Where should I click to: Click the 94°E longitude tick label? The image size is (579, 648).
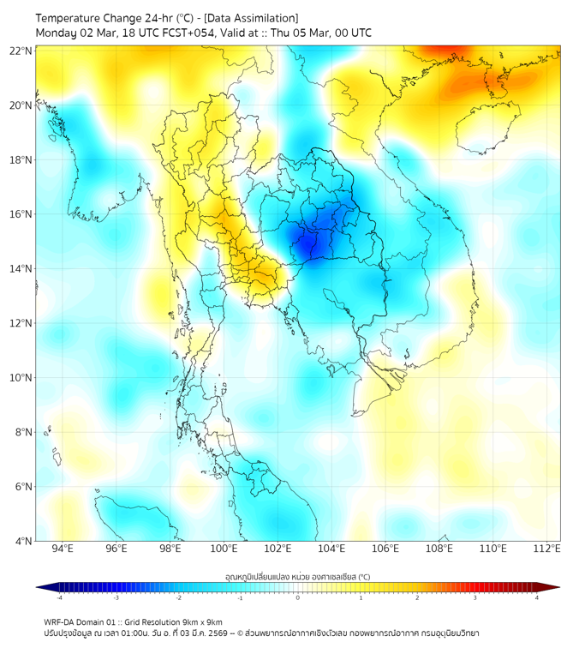pos(63,549)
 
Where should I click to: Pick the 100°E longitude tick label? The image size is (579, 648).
pos(224,549)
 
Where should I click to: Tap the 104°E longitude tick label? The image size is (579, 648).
pos(332,549)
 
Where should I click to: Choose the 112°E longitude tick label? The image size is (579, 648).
pos(548,549)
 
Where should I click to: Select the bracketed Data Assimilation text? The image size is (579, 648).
pos(255,18)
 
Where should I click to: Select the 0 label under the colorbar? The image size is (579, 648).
pos(298,597)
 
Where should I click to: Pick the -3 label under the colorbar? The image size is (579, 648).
pos(116,597)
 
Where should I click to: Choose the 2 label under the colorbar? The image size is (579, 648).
pos(418,597)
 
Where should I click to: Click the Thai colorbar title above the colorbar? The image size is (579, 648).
pos(297,576)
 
